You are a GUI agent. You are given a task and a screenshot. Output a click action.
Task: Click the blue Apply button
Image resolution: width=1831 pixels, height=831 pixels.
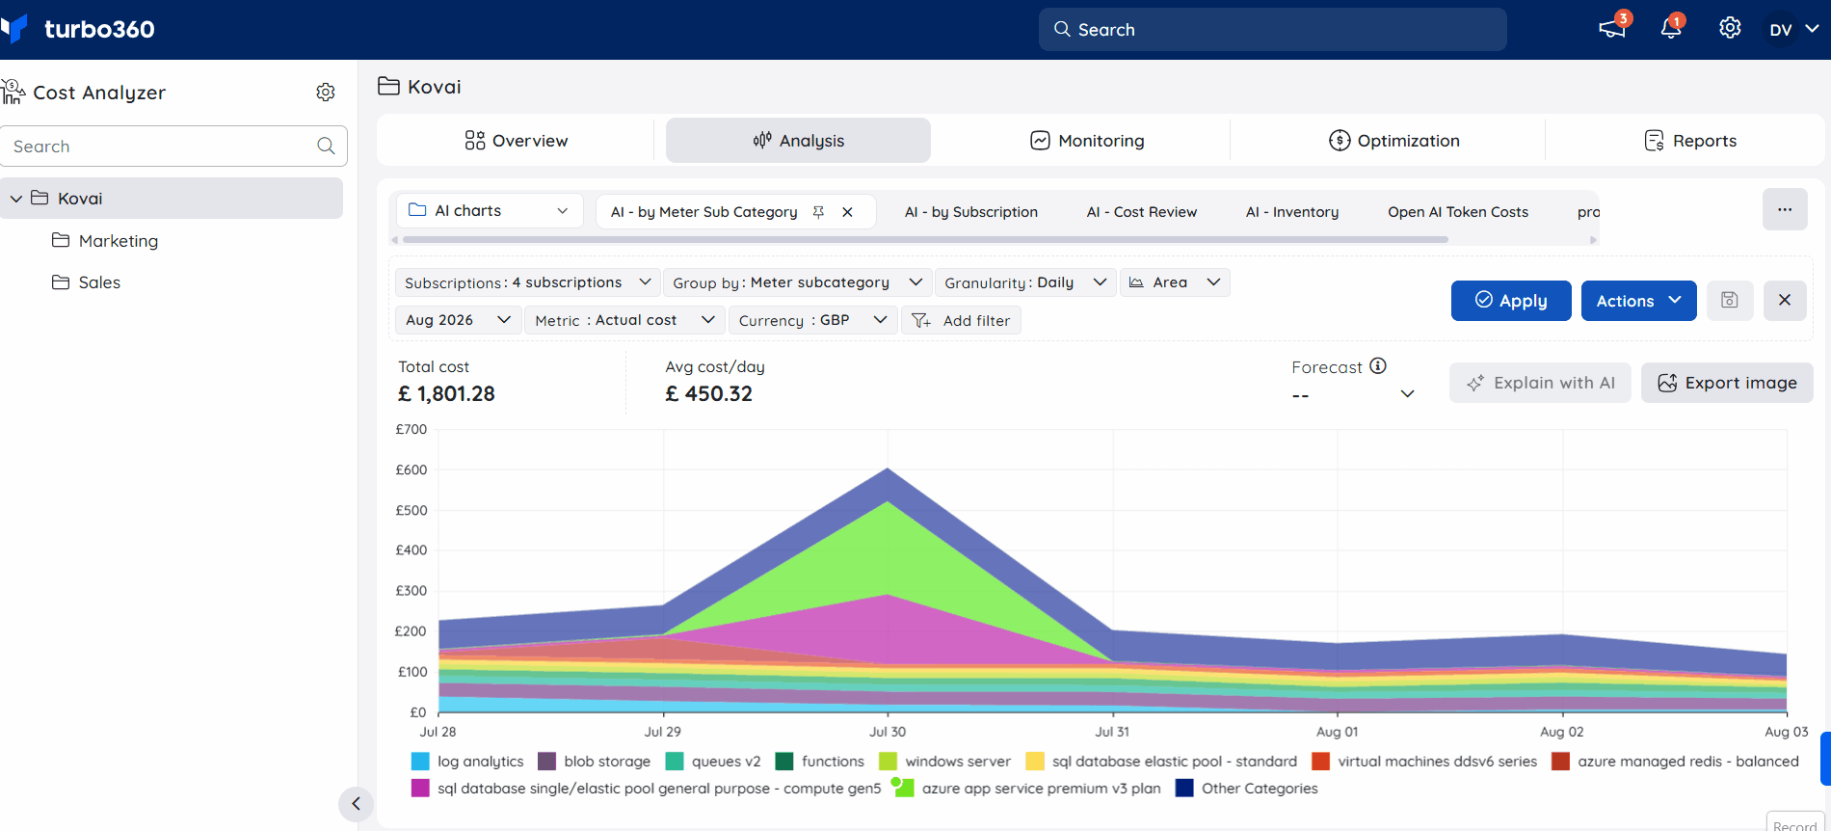(x=1511, y=301)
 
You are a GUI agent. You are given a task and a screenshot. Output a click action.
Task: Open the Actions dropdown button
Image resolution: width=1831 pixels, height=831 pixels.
(x=1638, y=301)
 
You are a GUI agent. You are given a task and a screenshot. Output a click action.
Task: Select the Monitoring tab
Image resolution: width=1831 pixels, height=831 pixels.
(x=1087, y=141)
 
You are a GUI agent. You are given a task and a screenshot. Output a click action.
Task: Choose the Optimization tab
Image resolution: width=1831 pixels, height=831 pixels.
(x=1393, y=141)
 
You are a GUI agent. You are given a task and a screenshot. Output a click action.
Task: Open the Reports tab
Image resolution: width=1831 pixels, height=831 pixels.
(x=1690, y=141)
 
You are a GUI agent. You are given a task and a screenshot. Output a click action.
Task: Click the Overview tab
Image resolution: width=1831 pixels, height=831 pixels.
(x=517, y=141)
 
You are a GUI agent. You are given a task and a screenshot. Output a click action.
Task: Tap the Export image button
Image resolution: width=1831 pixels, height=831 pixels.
(x=1727, y=383)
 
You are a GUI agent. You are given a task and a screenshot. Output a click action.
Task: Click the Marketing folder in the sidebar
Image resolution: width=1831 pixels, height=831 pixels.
(x=105, y=241)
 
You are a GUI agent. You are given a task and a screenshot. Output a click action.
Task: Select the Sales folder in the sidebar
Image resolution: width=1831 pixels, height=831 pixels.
(x=86, y=282)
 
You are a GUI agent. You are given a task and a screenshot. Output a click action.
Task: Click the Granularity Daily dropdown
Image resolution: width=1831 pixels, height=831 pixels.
(x=1025, y=282)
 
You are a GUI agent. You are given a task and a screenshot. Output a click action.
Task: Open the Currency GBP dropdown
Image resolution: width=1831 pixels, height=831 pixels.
(x=812, y=320)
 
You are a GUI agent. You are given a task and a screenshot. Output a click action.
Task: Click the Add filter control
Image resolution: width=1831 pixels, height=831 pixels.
(x=961, y=320)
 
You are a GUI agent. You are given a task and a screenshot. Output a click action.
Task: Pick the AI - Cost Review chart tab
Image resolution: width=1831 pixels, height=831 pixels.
(x=1141, y=212)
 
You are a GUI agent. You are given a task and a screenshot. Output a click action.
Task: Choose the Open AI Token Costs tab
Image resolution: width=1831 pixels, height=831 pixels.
(x=1458, y=212)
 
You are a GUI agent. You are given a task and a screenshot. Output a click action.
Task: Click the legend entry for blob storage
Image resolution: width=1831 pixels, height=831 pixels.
(x=594, y=762)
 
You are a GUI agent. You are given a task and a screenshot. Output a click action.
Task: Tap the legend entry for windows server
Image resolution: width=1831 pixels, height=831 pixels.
(x=944, y=762)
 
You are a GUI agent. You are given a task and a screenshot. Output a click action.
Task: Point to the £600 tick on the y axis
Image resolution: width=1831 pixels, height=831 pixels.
(x=411, y=469)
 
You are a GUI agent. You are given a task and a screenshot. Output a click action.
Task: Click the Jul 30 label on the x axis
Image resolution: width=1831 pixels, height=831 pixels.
(x=888, y=732)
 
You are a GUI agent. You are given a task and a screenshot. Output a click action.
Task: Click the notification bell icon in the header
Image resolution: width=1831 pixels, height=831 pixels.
(x=1671, y=28)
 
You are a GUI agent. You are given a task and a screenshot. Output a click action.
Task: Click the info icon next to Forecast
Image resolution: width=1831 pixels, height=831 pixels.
(x=1378, y=365)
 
